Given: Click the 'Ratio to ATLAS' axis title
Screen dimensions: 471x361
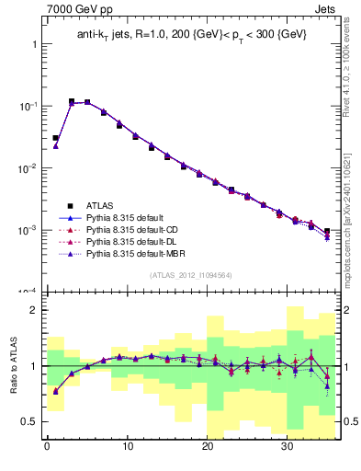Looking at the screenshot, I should point(13,365).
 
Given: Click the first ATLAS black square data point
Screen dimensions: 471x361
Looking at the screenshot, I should point(56,138).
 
